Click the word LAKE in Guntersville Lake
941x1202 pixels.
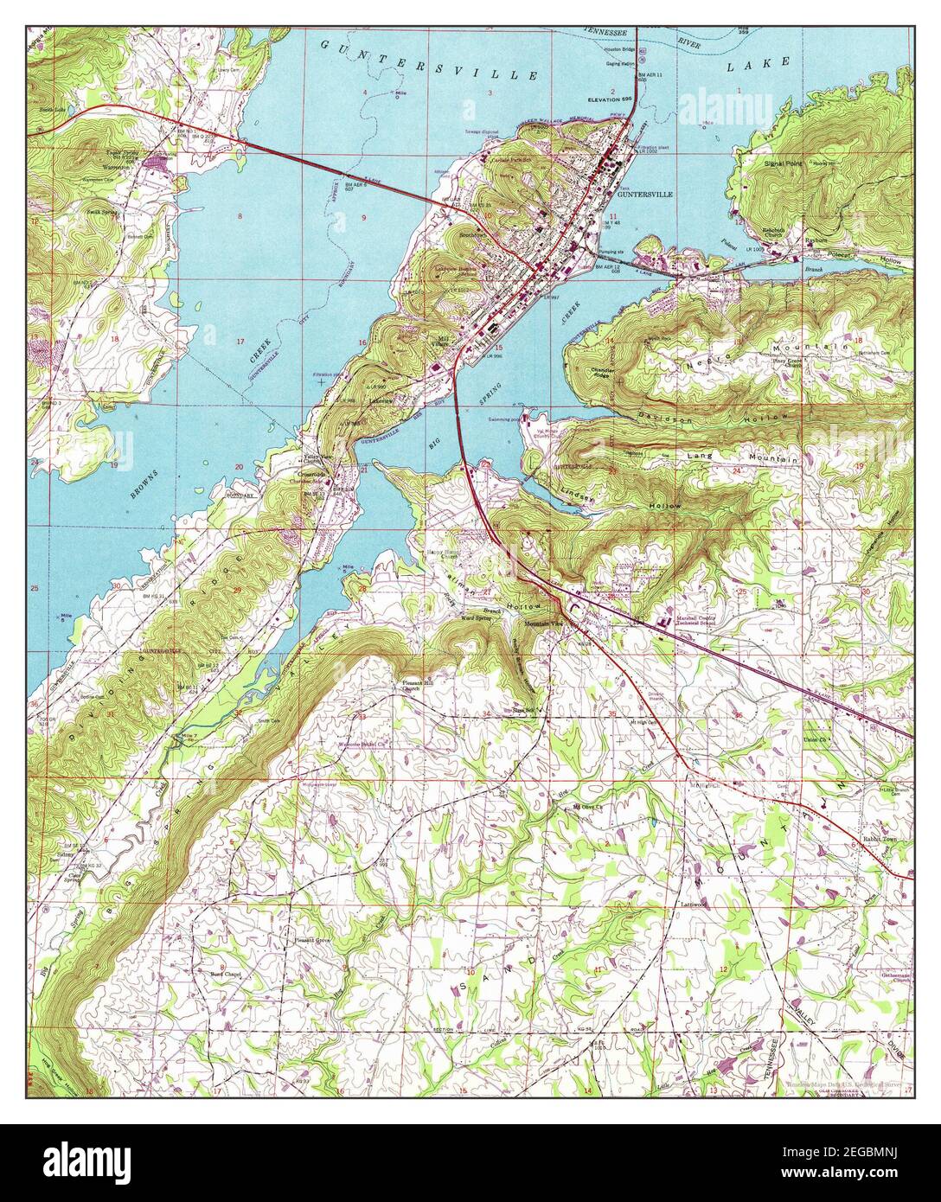click(x=769, y=62)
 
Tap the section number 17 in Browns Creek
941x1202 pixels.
click(x=240, y=342)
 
